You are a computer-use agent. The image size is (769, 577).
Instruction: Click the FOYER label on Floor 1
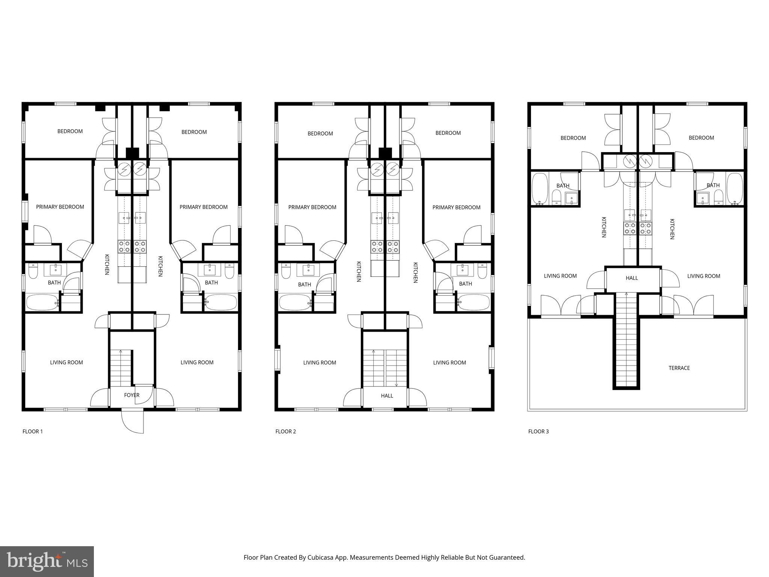point(131,395)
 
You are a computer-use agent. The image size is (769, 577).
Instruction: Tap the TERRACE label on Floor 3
point(679,368)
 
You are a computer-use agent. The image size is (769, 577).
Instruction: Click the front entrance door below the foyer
point(133,421)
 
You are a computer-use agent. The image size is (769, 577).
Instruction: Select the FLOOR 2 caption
point(285,431)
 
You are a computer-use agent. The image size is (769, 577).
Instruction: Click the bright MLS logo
point(47,561)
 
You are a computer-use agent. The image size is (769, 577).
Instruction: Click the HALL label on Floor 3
point(632,278)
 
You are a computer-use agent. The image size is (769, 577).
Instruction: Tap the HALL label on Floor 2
point(387,396)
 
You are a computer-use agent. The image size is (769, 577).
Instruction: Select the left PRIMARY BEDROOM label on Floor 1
point(60,207)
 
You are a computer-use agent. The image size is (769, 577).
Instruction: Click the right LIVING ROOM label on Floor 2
point(449,363)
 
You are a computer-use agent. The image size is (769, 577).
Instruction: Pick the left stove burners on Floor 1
point(124,246)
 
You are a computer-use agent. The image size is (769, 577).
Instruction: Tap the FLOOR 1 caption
point(33,431)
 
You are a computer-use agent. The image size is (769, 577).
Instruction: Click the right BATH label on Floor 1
point(211,282)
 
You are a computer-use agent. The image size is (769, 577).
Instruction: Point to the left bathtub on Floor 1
point(42,302)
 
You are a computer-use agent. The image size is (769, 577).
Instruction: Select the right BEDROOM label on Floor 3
point(701,138)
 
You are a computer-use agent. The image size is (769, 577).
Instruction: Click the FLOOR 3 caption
point(538,431)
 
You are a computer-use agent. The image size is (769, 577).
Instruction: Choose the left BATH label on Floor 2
point(304,284)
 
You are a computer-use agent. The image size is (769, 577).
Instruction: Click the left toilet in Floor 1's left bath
point(33,272)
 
